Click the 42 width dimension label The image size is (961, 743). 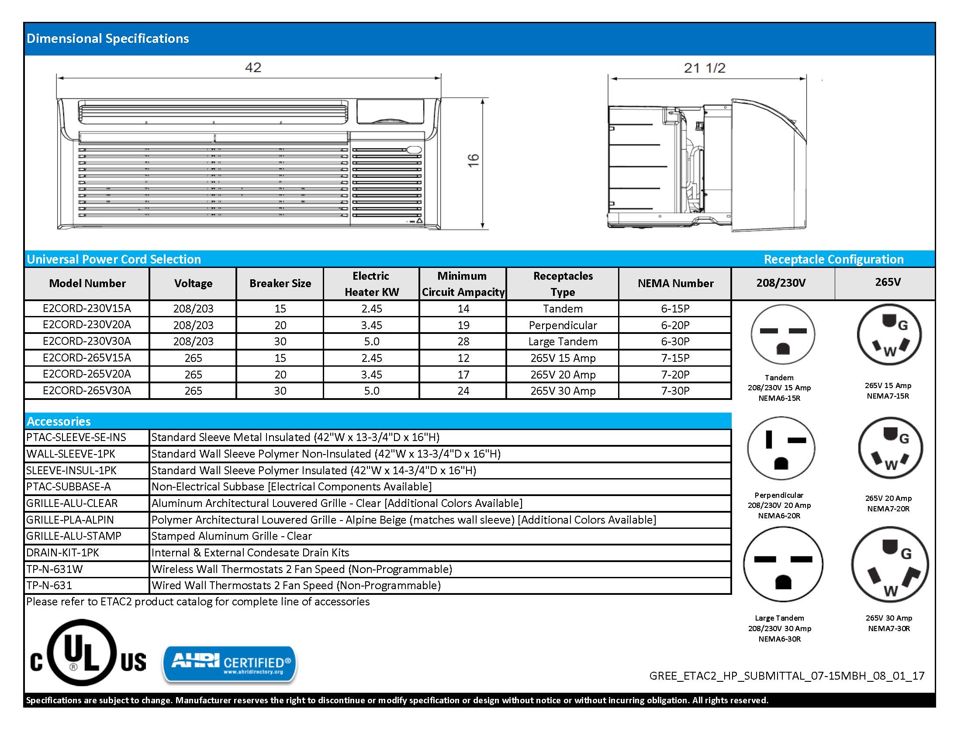pyautogui.click(x=253, y=68)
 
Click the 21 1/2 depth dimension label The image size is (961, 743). pyautogui.click(x=705, y=68)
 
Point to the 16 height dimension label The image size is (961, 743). pyautogui.click(x=473, y=160)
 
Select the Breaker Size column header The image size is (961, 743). pyautogui.click(x=280, y=284)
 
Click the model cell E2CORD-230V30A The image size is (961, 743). pyautogui.click(x=86, y=341)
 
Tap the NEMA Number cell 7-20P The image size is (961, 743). pyautogui.click(x=675, y=375)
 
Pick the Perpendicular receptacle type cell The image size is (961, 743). pyautogui.click(x=562, y=325)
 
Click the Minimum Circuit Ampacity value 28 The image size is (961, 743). pyautogui.click(x=463, y=342)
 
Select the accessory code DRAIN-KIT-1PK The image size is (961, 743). pyautogui.click(x=62, y=553)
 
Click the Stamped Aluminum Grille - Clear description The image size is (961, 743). pyautogui.click(x=232, y=536)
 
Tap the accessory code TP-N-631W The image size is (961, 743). pyautogui.click(x=55, y=569)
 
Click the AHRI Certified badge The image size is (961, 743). pyautogui.click(x=230, y=664)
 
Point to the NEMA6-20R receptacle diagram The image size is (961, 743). pyautogui.click(x=781, y=448)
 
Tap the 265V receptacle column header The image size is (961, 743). pyautogui.click(x=888, y=282)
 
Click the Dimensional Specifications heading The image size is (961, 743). pyautogui.click(x=108, y=39)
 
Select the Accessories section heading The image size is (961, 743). pyautogui.click(x=59, y=422)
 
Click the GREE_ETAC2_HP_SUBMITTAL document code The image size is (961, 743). pyautogui.click(x=786, y=676)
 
